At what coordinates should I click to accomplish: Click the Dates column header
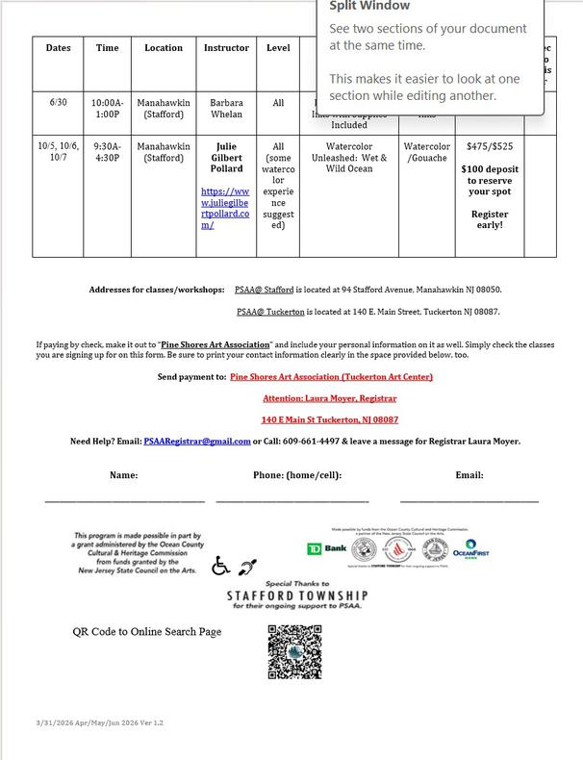(x=58, y=48)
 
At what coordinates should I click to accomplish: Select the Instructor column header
(x=226, y=48)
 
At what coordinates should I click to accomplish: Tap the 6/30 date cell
(x=58, y=102)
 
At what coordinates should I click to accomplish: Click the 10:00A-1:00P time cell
(x=107, y=108)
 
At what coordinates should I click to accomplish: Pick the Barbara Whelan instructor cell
(x=226, y=108)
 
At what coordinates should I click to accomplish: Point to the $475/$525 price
(x=490, y=147)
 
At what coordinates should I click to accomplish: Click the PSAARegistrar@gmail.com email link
(x=197, y=442)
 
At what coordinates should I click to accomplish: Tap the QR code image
(x=294, y=651)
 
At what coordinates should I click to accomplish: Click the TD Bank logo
(x=326, y=548)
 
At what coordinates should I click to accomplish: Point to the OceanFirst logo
(x=470, y=549)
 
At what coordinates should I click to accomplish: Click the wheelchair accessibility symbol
(x=220, y=566)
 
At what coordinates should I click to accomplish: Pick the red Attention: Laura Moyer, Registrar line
(x=330, y=398)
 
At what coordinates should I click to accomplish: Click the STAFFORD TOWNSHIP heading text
(x=297, y=595)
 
